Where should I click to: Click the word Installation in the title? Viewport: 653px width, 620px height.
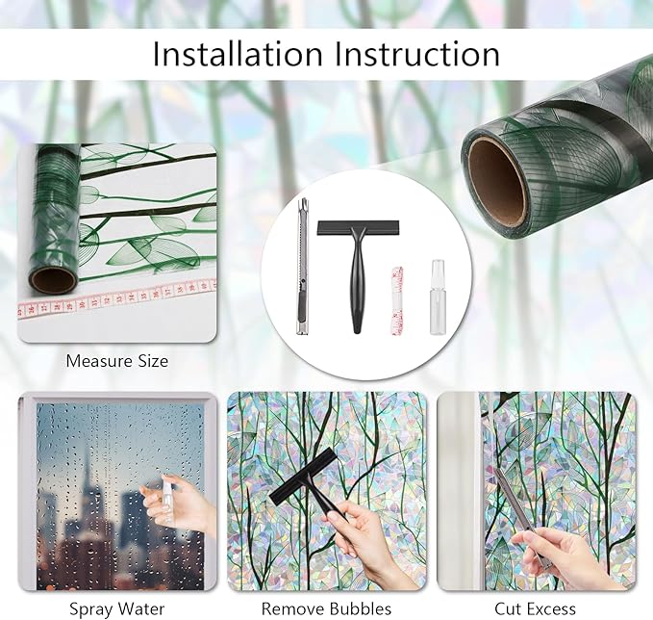pos(238,54)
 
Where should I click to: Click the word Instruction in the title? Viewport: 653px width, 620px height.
pos(417,54)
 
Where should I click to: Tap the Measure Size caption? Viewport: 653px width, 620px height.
pos(117,361)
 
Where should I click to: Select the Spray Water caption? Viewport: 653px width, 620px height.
pos(117,609)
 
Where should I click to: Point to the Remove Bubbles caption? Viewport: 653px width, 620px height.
pos(327,608)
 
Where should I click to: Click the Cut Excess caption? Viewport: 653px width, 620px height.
pos(535,608)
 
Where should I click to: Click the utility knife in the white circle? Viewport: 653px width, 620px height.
pos(303,266)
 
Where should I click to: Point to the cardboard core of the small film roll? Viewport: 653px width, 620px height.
pos(52,280)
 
